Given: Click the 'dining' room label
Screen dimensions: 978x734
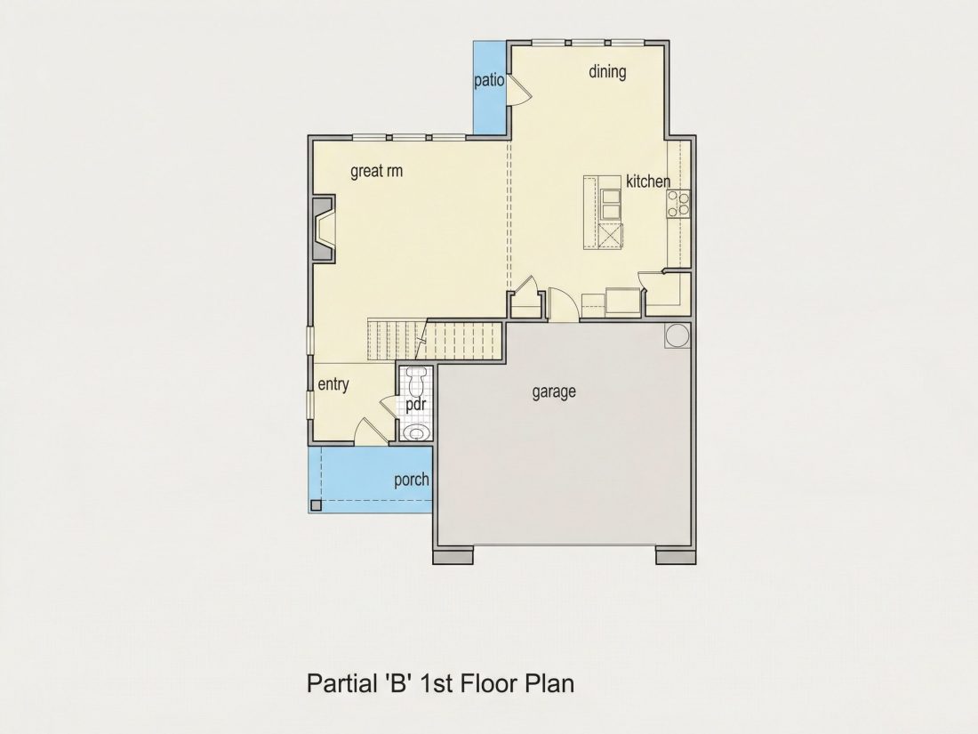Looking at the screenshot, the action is tap(607, 72).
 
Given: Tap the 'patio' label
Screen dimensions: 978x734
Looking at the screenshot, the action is tap(489, 80).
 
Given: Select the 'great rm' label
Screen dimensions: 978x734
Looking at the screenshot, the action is tap(376, 171).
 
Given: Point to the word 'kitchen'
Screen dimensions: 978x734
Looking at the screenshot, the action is tap(648, 181).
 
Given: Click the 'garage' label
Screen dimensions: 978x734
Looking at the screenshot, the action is tap(554, 392).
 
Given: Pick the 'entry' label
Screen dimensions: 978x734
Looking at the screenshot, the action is tap(333, 384).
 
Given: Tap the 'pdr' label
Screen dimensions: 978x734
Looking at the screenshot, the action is tap(415, 405).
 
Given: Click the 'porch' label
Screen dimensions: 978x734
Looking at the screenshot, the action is tap(412, 480).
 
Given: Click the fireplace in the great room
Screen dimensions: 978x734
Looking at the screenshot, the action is tap(324, 229).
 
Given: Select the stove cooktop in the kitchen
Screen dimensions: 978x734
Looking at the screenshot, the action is tap(678, 204).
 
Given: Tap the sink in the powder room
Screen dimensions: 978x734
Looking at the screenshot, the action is tap(415, 432).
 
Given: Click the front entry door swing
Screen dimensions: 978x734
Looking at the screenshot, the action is tap(369, 432).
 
